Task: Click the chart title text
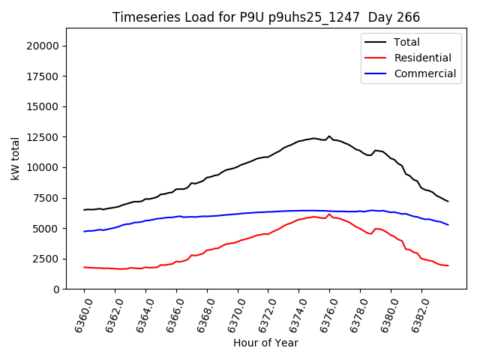[x=266, y=16]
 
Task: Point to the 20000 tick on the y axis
[x=45, y=46]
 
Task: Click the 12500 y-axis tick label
[x=45, y=137]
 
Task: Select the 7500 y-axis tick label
[x=48, y=198]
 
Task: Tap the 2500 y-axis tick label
[x=48, y=259]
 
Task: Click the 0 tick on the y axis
[x=57, y=289]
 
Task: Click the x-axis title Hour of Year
[x=265, y=343]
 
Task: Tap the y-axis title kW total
[x=15, y=159]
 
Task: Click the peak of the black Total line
[x=329, y=136]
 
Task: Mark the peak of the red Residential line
[x=329, y=214]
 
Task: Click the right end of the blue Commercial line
[x=448, y=225]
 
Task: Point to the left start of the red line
[x=84, y=267]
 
